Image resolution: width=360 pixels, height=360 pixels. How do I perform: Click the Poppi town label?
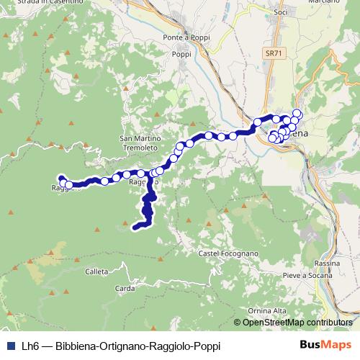[x=180, y=53]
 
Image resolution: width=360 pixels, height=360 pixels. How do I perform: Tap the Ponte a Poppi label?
[x=184, y=37]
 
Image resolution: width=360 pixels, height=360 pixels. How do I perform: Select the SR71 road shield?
[x=272, y=53]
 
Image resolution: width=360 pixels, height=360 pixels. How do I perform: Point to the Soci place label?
[x=281, y=11]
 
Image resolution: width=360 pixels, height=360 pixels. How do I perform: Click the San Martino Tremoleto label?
[x=135, y=143]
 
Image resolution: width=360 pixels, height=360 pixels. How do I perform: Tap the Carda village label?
[x=125, y=288]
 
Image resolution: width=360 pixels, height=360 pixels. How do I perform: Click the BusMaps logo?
[x=325, y=345]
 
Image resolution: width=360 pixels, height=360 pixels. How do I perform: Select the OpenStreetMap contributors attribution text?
[x=297, y=322]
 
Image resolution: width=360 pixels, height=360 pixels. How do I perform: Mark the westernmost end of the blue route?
[x=60, y=178]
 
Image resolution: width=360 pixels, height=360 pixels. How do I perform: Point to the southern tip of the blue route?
[x=135, y=229]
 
